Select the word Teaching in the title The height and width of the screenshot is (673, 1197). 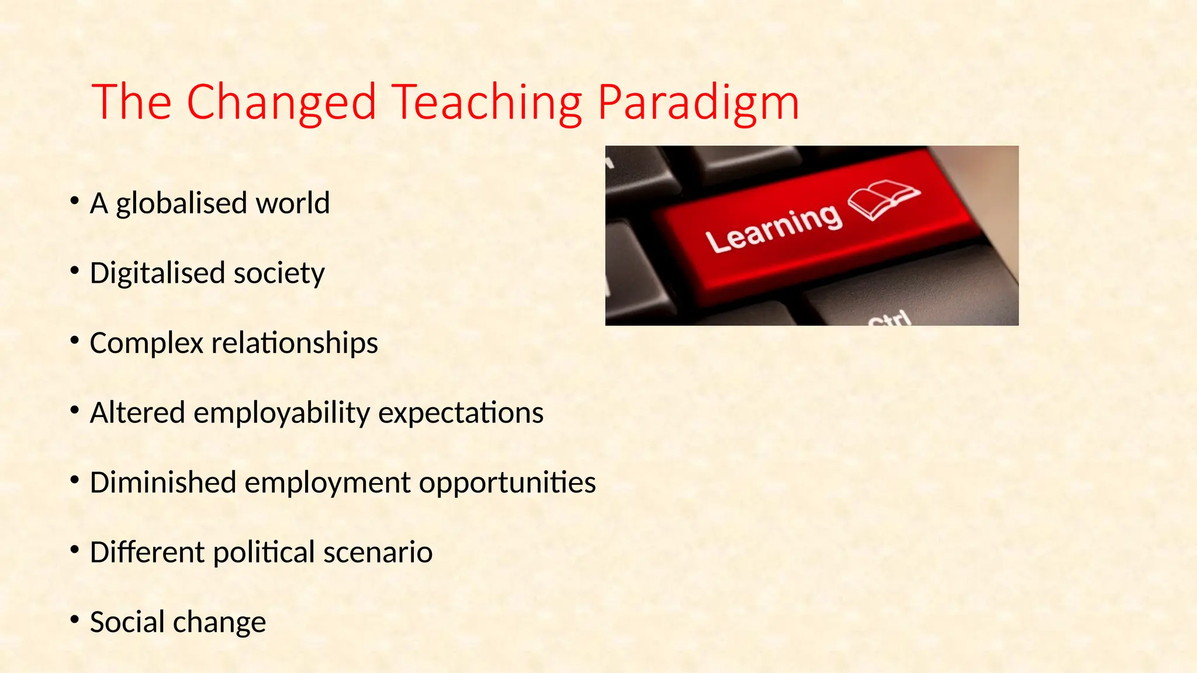[486, 103]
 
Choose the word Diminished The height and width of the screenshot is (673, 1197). [162, 483]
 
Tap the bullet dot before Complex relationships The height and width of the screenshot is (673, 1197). [74, 340]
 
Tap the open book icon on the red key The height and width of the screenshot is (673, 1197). [883, 199]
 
